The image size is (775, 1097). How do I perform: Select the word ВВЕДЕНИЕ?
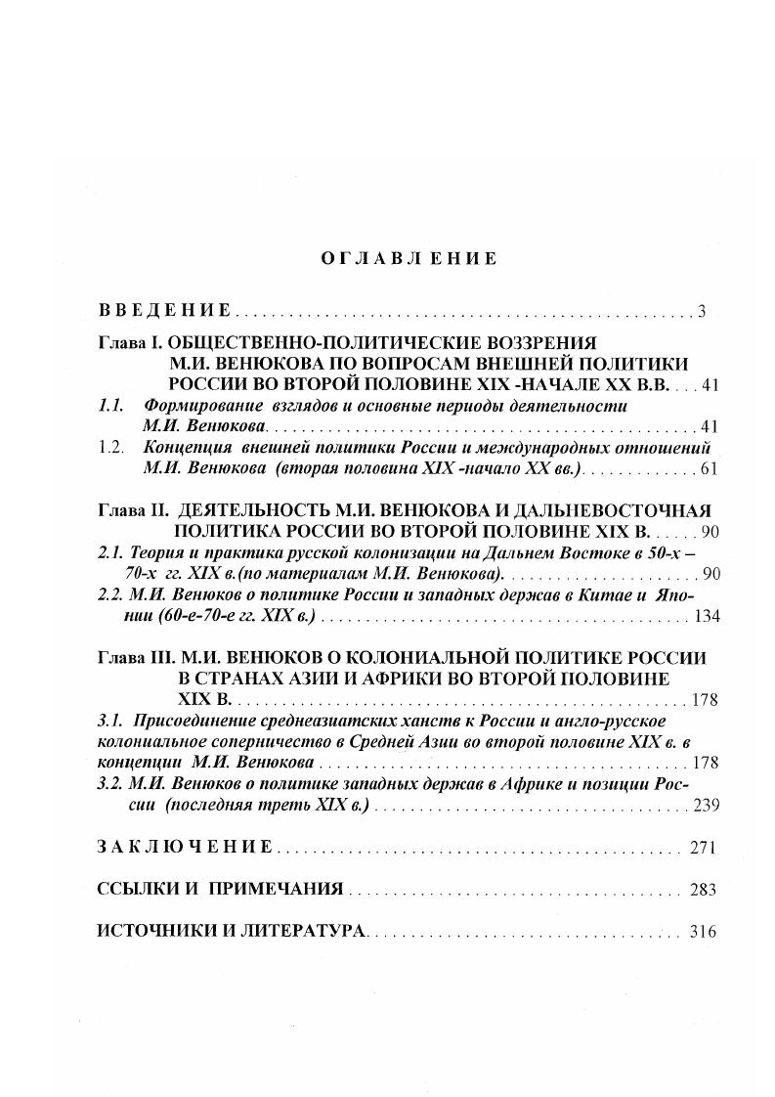(x=164, y=311)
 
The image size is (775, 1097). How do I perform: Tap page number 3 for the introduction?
(x=702, y=312)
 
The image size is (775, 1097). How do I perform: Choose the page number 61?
(x=710, y=468)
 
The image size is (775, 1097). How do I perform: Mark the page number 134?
(x=706, y=616)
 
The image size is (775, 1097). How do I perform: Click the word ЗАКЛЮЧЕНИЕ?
(x=185, y=848)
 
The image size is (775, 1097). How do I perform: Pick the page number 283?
(x=703, y=890)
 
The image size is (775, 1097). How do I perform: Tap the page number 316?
(x=703, y=932)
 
